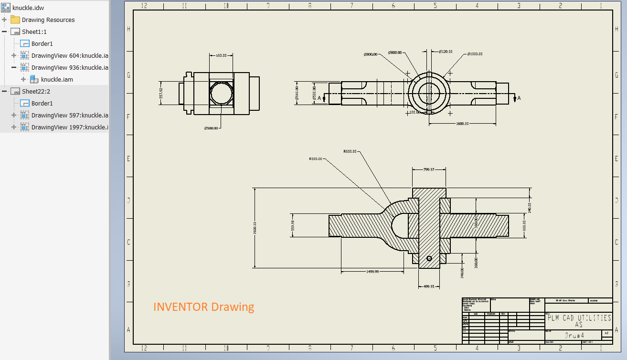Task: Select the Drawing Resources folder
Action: click(48, 20)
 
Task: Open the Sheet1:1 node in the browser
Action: click(34, 32)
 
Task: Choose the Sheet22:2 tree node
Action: click(36, 91)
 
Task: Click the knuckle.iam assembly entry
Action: click(57, 79)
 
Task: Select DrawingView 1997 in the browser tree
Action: click(69, 127)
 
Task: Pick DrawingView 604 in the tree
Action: click(69, 55)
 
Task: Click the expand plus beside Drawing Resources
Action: click(4, 20)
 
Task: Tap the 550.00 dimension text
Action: click(221, 55)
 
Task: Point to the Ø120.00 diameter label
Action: click(446, 52)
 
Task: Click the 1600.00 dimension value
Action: click(462, 124)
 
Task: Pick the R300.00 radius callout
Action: click(315, 159)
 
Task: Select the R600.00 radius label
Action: click(350, 151)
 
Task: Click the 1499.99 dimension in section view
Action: click(372, 271)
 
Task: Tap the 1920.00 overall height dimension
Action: click(255, 227)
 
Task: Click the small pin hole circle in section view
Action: click(429, 258)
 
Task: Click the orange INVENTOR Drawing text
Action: click(203, 307)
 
